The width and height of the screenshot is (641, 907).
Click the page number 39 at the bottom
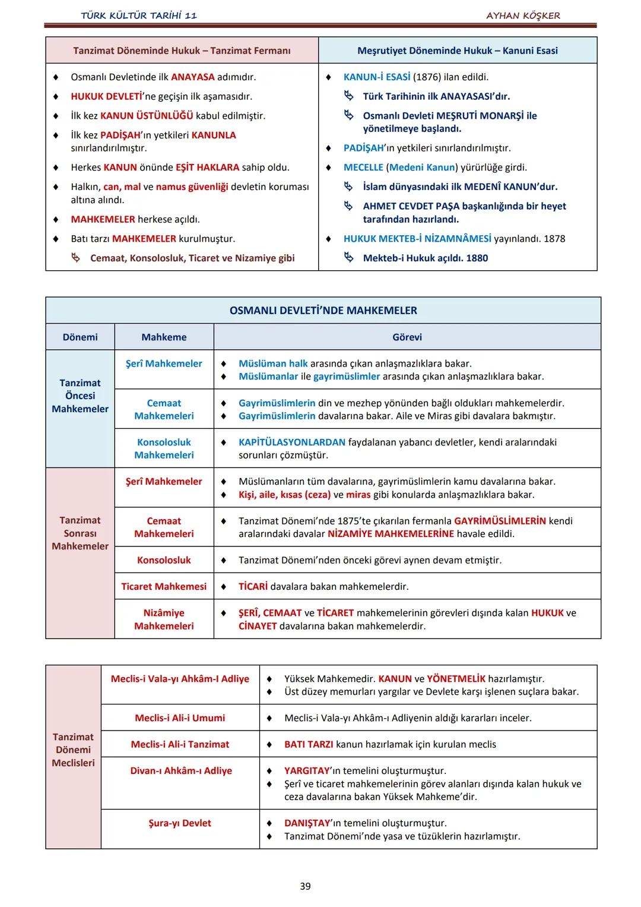(305, 886)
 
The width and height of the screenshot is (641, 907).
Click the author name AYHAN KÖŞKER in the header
(523, 15)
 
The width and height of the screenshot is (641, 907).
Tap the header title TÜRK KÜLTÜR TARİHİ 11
(139, 15)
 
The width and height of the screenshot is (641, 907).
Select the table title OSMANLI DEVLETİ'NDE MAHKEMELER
(323, 310)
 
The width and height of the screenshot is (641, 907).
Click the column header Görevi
(407, 337)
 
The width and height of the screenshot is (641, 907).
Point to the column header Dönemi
(80, 337)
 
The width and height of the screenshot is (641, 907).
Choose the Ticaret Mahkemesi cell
(164, 586)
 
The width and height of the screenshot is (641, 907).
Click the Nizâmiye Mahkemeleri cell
(164, 619)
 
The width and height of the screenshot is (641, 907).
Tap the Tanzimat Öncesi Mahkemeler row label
(80, 396)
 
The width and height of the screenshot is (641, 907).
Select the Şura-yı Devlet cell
(180, 823)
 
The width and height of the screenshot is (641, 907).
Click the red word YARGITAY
(307, 770)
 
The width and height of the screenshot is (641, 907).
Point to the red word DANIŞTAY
(307, 823)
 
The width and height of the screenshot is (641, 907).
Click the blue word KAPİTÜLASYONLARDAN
(292, 442)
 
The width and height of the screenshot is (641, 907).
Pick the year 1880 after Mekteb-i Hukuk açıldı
(477, 258)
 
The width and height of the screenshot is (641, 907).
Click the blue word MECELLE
(363, 168)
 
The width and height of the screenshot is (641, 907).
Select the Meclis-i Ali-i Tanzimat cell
(180, 744)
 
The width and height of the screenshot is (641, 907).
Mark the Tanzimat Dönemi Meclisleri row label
(73, 750)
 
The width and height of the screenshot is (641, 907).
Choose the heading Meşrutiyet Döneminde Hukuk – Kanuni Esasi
(457, 50)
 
